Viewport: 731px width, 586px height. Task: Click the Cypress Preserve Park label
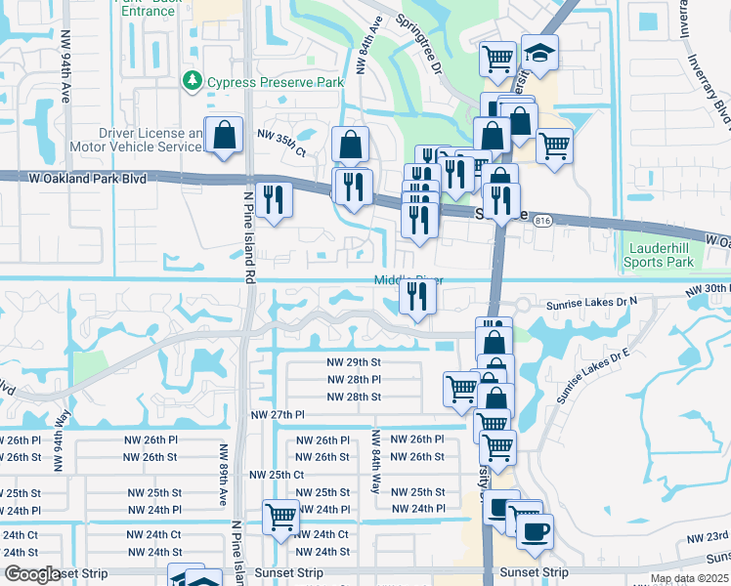tap(276, 83)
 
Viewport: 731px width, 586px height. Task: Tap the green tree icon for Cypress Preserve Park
tap(194, 82)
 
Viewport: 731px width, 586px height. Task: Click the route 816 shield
tap(544, 223)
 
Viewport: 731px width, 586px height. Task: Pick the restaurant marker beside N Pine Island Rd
tap(274, 200)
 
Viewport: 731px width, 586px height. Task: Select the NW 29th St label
tap(354, 361)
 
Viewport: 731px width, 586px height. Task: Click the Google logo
tap(32, 574)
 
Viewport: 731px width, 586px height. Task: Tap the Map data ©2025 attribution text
tap(688, 578)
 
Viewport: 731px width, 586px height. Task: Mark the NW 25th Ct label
tap(278, 475)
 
